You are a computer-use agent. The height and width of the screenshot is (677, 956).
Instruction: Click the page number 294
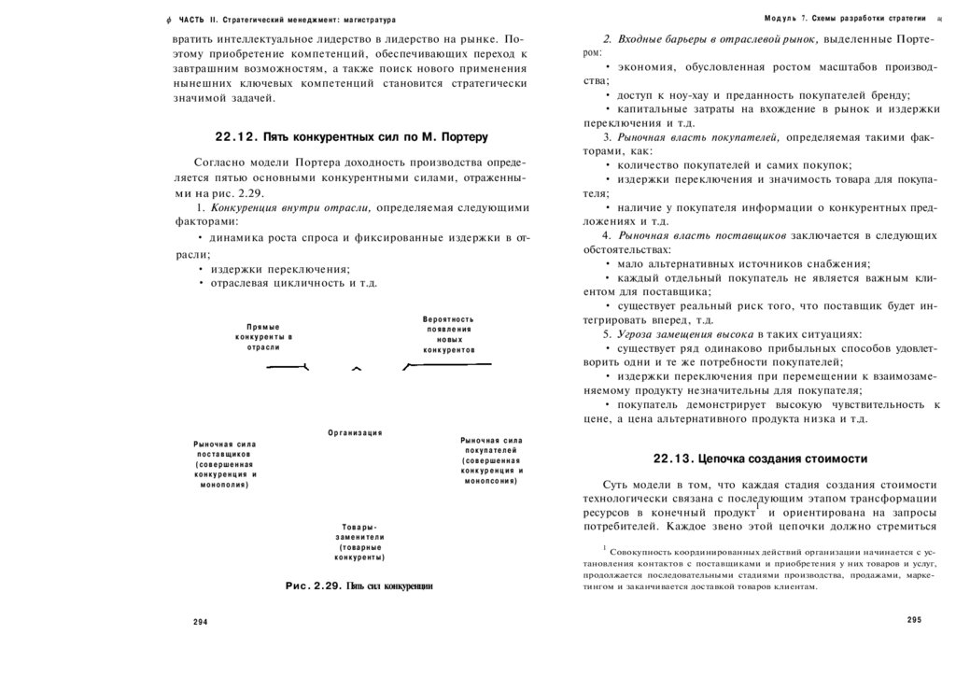(201, 622)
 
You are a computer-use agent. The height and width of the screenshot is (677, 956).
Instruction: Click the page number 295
(914, 620)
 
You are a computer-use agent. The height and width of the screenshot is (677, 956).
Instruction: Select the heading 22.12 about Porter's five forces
(351, 136)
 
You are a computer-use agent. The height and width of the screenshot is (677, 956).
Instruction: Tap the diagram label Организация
(355, 433)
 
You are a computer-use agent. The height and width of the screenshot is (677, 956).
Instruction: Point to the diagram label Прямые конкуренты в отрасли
(263, 337)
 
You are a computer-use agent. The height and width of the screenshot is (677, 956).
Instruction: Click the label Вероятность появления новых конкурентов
(448, 334)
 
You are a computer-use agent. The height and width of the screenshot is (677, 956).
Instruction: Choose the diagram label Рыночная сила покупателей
(491, 459)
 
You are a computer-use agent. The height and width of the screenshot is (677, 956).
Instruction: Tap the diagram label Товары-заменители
(359, 542)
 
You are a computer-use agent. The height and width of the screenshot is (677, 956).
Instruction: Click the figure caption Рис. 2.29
(358, 586)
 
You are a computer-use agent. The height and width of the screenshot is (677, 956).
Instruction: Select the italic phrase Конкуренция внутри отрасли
(291, 207)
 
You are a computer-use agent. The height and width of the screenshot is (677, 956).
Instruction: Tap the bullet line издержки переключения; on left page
(279, 269)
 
